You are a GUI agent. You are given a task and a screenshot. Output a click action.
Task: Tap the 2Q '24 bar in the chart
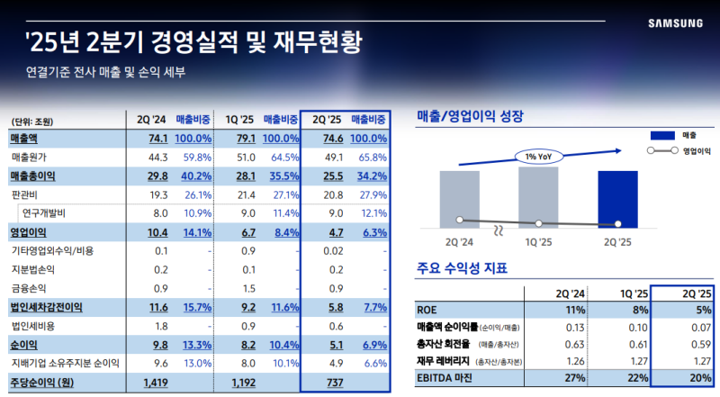459,198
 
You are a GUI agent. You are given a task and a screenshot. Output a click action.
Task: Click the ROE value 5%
702,309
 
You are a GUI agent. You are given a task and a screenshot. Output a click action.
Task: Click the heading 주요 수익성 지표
463,267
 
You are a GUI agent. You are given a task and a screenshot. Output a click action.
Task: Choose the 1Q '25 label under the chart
538,242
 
